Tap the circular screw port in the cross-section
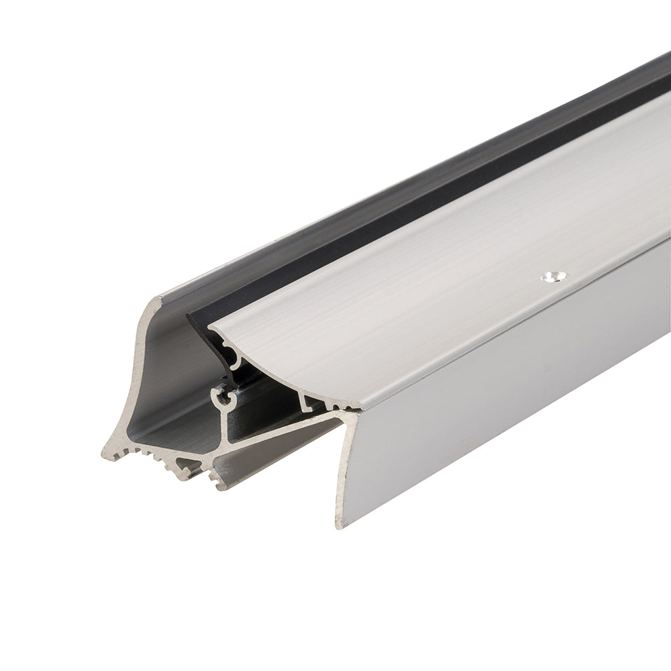tap(223, 397)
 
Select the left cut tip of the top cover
tap(209, 327)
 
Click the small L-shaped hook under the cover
tap(310, 403)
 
